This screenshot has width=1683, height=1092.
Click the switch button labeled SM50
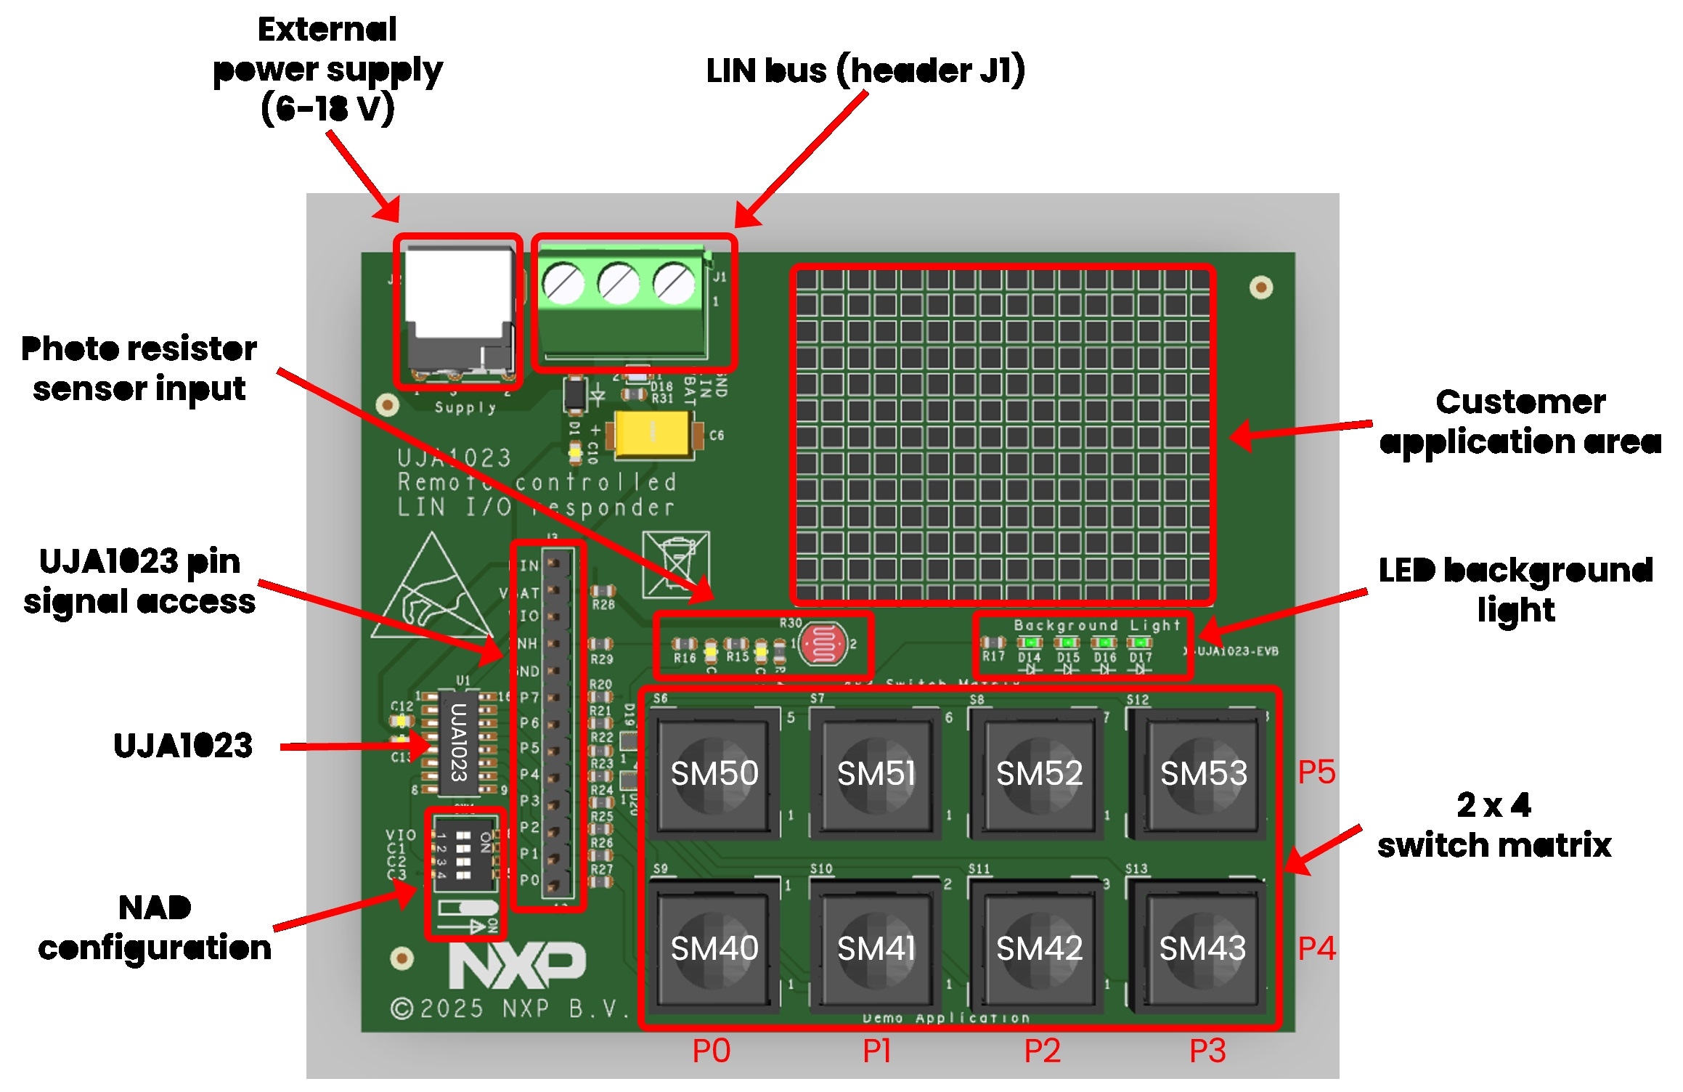click(x=714, y=773)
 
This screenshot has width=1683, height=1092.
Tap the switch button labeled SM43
click(x=1202, y=948)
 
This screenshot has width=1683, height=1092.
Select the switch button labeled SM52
click(x=1039, y=773)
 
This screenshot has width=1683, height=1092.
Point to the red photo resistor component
click(x=823, y=643)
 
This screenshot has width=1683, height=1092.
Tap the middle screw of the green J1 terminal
click(x=619, y=284)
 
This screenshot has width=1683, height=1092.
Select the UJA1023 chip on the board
click(x=459, y=742)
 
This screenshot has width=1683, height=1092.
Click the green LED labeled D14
click(x=1030, y=643)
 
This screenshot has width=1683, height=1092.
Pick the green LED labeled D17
click(x=1139, y=643)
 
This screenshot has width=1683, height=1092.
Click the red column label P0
click(x=711, y=1051)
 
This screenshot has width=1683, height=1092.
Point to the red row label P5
click(x=1316, y=772)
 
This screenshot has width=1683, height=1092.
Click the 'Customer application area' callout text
click(x=1520, y=421)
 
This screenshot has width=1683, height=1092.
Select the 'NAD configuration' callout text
click(x=155, y=927)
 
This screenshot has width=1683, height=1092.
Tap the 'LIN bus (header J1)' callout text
click(x=865, y=70)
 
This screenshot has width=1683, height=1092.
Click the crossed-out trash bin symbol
click(x=676, y=564)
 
